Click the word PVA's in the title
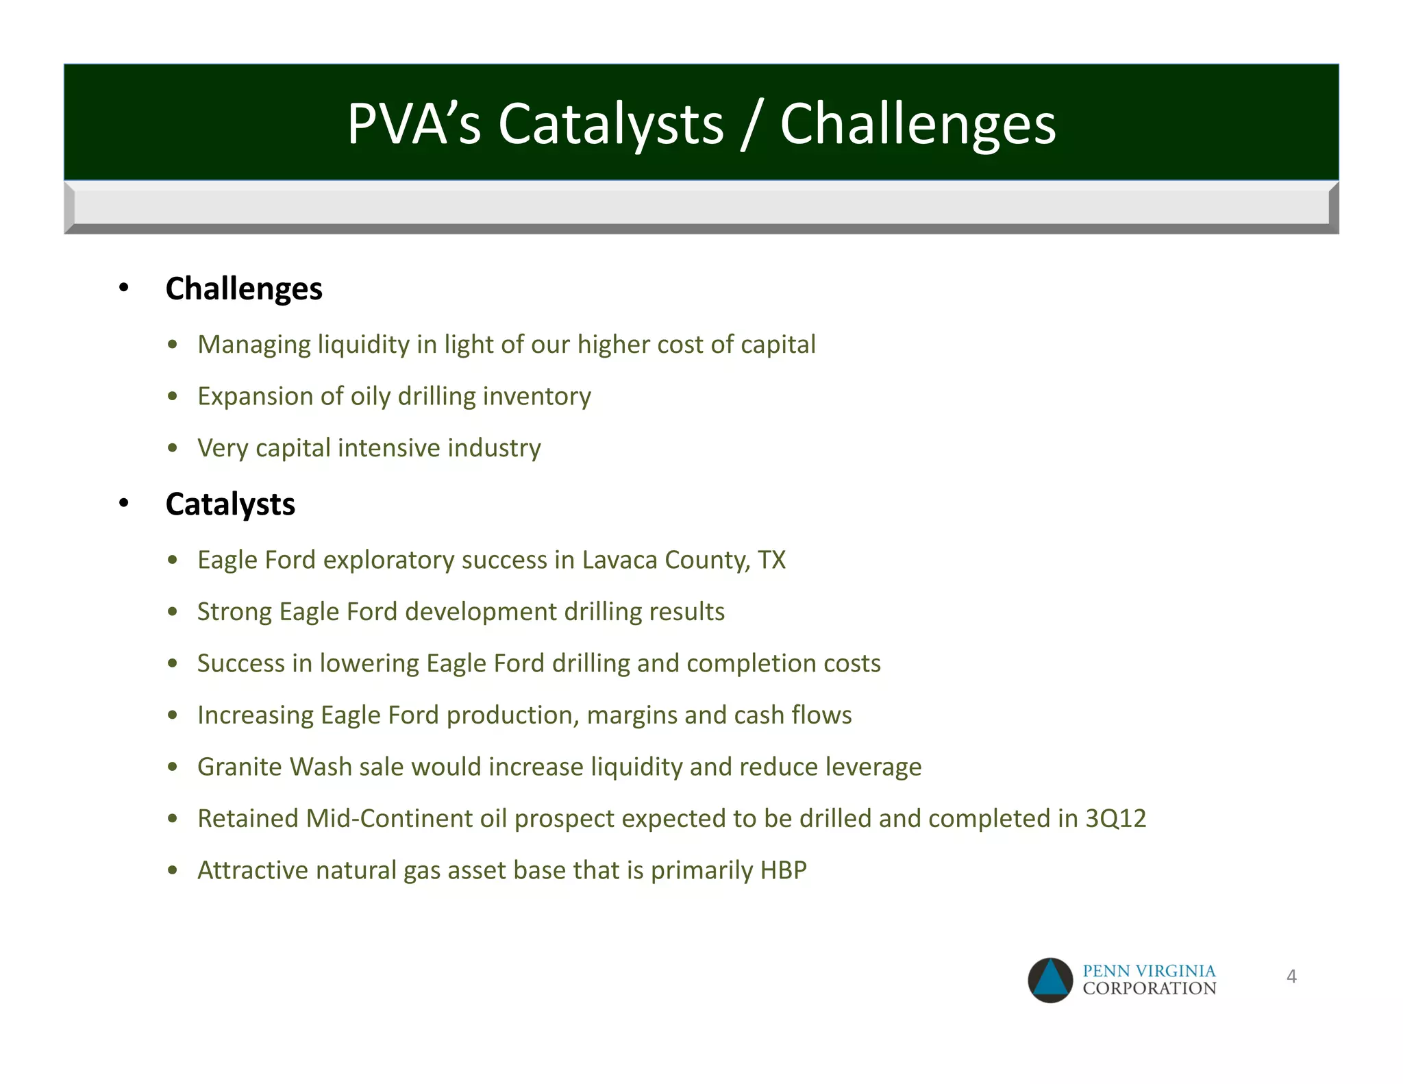point(414,124)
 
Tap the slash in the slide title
point(752,124)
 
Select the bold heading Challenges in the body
point(244,288)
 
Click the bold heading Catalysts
point(230,504)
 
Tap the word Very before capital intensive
point(222,448)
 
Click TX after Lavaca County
point(771,560)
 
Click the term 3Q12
point(1115,819)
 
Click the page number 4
point(1291,976)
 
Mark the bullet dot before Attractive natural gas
point(173,871)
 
